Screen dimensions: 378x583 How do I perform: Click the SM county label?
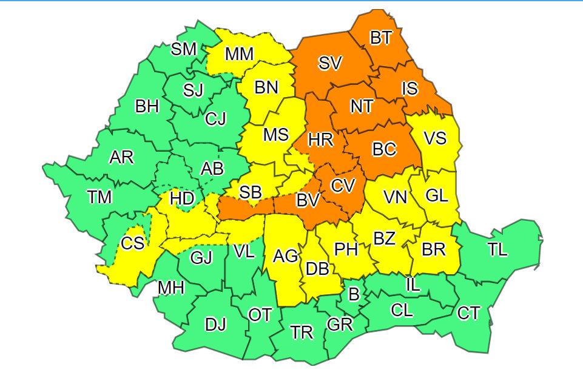[x=184, y=49]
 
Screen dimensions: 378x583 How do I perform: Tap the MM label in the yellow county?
[x=239, y=54]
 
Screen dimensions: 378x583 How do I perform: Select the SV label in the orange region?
[x=330, y=63]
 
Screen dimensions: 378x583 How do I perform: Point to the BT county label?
[x=382, y=38]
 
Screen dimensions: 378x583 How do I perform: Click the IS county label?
[x=409, y=89]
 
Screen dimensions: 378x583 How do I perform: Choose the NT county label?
[x=362, y=106]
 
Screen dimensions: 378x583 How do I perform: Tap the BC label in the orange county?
[x=384, y=149]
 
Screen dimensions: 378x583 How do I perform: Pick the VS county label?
[x=435, y=138]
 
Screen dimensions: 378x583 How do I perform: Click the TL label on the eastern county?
[x=497, y=249]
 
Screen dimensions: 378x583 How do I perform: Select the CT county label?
[x=468, y=313]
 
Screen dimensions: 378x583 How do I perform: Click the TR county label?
[x=302, y=332]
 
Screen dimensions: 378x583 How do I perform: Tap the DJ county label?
[x=215, y=325]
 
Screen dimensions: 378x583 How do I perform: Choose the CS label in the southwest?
[x=132, y=243]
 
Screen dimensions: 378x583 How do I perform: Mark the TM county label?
[x=99, y=197]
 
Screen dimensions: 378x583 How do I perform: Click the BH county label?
[x=147, y=107]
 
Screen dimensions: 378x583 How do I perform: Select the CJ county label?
[x=215, y=119]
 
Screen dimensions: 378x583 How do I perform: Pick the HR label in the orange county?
[x=320, y=140]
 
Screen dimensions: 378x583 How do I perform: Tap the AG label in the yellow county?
[x=286, y=257]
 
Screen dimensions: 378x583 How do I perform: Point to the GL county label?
[x=436, y=195]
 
